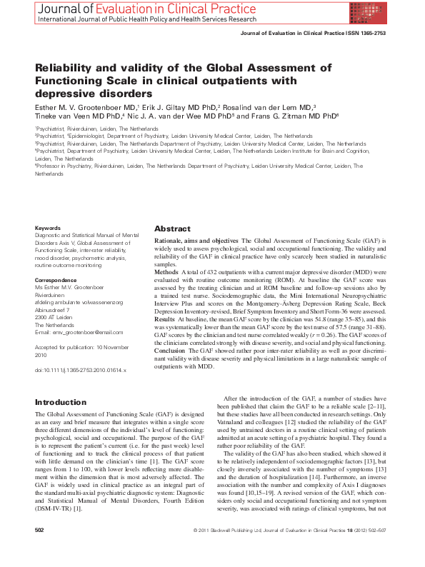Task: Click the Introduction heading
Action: click(x=61, y=403)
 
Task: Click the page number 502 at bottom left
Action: click(x=40, y=551)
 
